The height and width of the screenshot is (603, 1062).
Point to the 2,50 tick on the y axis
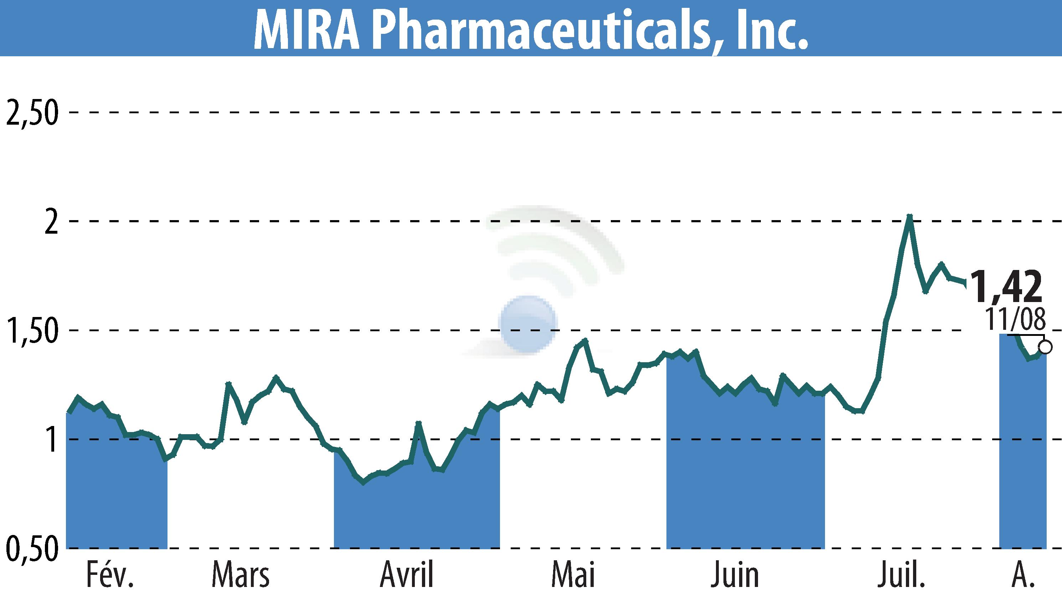(x=31, y=113)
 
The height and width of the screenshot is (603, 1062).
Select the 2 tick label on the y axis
(x=51, y=222)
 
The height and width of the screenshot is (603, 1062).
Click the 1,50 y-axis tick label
(x=31, y=331)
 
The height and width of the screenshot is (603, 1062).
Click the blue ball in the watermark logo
(x=528, y=324)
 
